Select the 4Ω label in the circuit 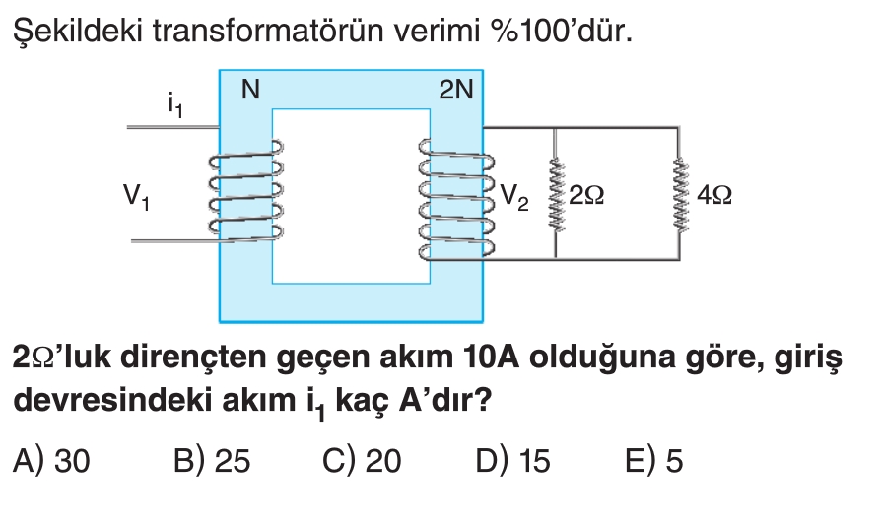pyautogui.click(x=712, y=196)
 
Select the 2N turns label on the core pyautogui.click(x=455, y=91)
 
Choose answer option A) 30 pyautogui.click(x=52, y=461)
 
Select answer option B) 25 pyautogui.click(x=211, y=461)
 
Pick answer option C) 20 pyautogui.click(x=362, y=461)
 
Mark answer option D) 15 pyautogui.click(x=512, y=461)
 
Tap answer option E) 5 pyautogui.click(x=653, y=461)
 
